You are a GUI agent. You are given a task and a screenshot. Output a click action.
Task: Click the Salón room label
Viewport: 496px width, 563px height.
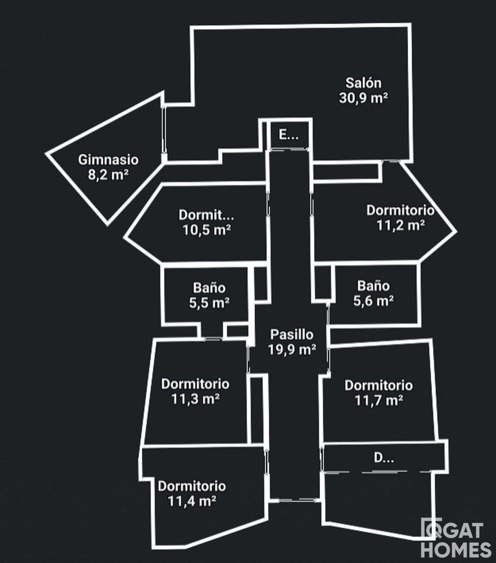tap(363, 83)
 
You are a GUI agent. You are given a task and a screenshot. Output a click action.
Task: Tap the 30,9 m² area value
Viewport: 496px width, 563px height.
tap(363, 98)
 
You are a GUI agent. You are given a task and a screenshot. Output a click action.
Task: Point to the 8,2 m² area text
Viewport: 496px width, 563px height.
tap(108, 175)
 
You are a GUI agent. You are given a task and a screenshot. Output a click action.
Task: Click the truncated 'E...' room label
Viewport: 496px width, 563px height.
tap(288, 134)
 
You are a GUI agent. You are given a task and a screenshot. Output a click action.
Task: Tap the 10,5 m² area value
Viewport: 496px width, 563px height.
tap(206, 230)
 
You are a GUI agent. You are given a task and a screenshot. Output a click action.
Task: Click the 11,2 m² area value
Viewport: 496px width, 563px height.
tap(400, 225)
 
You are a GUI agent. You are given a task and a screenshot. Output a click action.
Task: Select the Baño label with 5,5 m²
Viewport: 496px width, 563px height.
tap(209, 288)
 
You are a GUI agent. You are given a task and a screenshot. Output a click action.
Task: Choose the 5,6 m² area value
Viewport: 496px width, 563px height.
tap(374, 301)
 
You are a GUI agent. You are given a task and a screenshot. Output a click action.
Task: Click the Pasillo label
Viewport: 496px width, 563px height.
tap(292, 334)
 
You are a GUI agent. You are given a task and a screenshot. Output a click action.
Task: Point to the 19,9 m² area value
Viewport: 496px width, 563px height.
tap(292, 349)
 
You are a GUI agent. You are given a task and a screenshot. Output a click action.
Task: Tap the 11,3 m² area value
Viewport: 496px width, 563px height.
tap(196, 399)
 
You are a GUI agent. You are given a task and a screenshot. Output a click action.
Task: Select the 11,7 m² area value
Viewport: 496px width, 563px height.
tap(379, 400)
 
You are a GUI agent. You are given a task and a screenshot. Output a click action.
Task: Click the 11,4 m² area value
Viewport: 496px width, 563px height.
tap(192, 501)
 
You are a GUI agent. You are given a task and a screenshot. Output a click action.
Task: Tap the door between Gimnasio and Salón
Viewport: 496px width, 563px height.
tap(164, 130)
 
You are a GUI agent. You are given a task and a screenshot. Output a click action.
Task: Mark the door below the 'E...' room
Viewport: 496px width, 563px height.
tap(289, 150)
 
